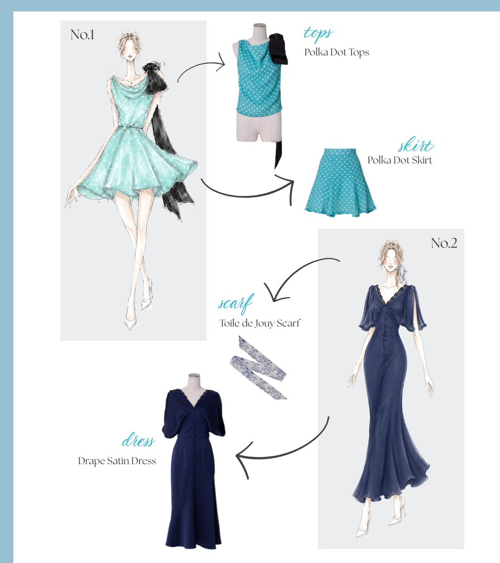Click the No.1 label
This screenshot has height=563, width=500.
(82, 35)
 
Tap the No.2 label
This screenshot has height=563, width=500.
(444, 243)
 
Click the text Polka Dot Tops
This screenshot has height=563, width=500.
(337, 52)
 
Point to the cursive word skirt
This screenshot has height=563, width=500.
(416, 145)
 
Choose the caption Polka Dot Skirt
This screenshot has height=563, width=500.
(400, 160)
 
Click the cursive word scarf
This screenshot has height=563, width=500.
(235, 303)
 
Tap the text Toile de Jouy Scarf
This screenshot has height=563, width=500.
(260, 323)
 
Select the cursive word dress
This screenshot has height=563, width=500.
(138, 441)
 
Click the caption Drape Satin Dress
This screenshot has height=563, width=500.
(117, 461)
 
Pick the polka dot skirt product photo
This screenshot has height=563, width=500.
(340, 183)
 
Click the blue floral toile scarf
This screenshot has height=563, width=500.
(259, 367)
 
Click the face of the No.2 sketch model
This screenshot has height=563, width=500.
(390, 262)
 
